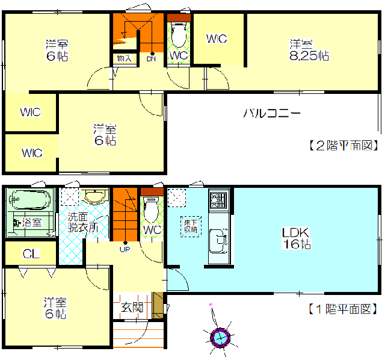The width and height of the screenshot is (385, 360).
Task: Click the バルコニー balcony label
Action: pyautogui.click(x=272, y=113)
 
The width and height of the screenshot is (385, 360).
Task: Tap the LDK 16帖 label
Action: pyautogui.click(x=297, y=238)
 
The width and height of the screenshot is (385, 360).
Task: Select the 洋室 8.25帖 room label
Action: pyautogui.click(x=309, y=50)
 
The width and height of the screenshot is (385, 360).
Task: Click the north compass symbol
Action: pyautogui.click(x=220, y=337)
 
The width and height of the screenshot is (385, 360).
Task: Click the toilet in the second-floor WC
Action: pyautogui.click(x=179, y=34)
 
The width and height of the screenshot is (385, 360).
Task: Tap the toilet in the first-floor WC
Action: pyautogui.click(x=152, y=209)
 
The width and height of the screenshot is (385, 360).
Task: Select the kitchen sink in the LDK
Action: pyautogui.click(x=218, y=241)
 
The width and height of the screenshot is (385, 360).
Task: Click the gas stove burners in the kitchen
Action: pyautogui.click(x=218, y=199)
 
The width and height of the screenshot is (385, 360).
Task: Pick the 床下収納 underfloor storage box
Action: pyautogui.click(x=191, y=226)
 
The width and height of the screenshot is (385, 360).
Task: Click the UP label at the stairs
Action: pyautogui.click(x=125, y=249)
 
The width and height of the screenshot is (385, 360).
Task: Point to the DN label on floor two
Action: pyautogui.click(x=151, y=59)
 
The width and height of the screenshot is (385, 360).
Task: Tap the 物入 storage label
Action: pyautogui.click(x=125, y=58)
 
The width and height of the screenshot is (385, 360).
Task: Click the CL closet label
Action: pyautogui.click(x=31, y=254)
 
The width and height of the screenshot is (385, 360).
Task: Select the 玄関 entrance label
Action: pyautogui.click(x=132, y=307)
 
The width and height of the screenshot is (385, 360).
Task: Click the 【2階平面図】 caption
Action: pyautogui.click(x=343, y=146)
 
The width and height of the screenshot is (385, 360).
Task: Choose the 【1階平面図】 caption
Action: pyautogui.click(x=343, y=309)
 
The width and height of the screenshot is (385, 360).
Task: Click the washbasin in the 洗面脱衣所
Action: pyautogui.click(x=94, y=196)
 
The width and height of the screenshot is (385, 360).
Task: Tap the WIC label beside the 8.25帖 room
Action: pyautogui.click(x=217, y=39)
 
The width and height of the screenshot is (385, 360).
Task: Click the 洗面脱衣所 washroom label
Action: pyautogui.click(x=83, y=222)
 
